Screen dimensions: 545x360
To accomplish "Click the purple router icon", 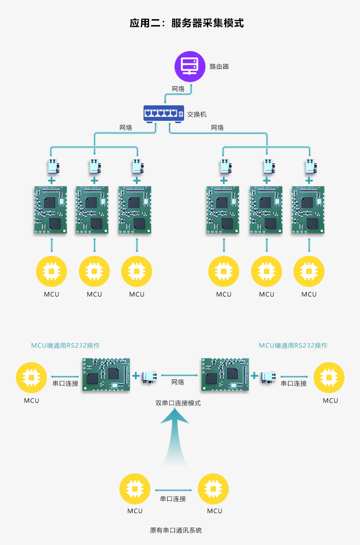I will [190, 66].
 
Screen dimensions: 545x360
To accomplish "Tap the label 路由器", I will [219, 67].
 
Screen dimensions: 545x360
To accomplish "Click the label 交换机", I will [197, 114].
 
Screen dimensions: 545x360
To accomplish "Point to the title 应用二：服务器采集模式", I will [187, 23].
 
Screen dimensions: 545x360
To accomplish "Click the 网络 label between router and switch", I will [178, 89].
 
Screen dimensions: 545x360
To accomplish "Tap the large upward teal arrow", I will [175, 438].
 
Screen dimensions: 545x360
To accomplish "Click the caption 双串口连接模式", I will [178, 403].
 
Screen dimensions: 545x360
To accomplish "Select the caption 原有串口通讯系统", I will [176, 530].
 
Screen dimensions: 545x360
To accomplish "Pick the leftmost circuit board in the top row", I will [51, 210].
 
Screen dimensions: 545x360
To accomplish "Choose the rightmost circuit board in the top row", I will [309, 210].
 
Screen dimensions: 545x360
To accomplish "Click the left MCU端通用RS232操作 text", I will [65, 345].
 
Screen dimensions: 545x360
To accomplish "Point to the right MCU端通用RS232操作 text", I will [293, 345].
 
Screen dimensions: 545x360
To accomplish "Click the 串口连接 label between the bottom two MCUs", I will [173, 499].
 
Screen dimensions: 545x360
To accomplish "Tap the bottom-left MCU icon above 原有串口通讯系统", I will [135, 489].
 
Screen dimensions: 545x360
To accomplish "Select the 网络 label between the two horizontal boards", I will [178, 382].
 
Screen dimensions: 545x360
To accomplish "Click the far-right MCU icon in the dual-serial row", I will [329, 378].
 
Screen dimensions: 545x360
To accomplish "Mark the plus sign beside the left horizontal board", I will [136, 376].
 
